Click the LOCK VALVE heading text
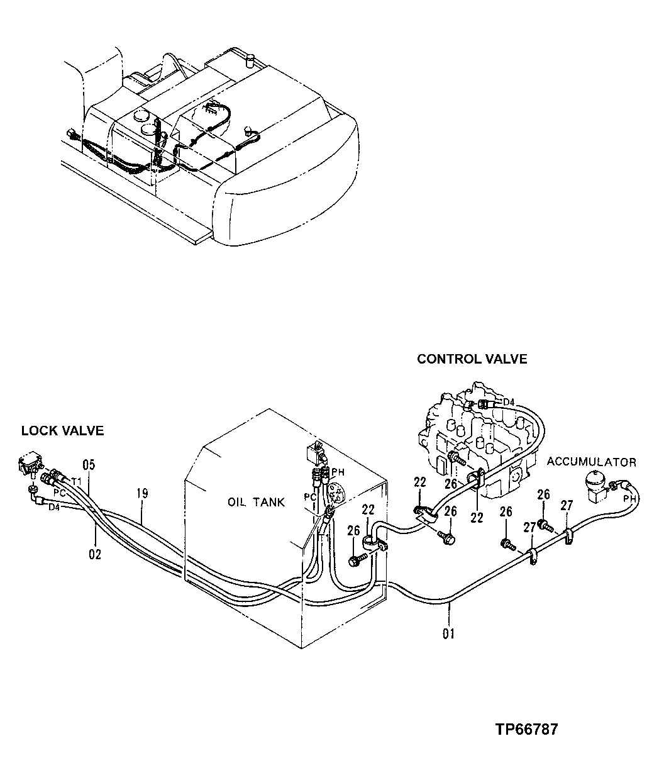pos(62,431)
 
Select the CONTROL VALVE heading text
pos(472,359)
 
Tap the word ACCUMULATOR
pos(591,462)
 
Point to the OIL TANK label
pos(257,502)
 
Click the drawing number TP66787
pos(526,730)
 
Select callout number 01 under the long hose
pos(448,633)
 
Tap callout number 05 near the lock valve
pos(89,465)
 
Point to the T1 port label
pos(77,481)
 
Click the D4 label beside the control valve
pos(509,401)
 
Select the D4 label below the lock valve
pos(55,506)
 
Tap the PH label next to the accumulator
pos(629,499)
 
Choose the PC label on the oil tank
pos(309,497)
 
